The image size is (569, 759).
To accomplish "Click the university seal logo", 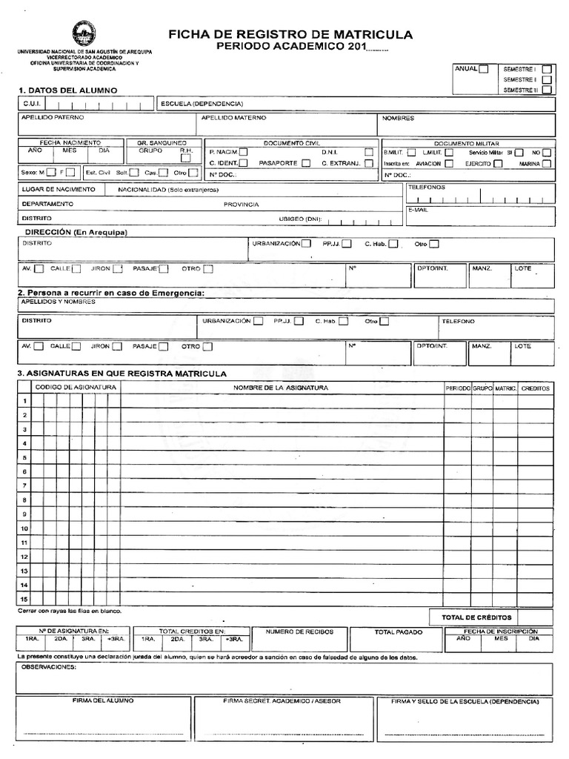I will point(84,33).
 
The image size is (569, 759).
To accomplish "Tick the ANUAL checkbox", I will point(483,70).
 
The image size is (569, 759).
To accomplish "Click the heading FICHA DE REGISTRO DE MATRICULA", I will point(290,35).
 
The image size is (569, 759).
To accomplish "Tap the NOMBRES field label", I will point(398,118).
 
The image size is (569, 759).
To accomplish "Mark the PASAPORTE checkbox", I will point(306,163).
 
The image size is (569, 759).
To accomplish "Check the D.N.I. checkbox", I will point(368,151).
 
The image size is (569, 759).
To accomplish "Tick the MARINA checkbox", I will point(546,163).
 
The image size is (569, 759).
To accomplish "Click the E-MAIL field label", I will point(418,210).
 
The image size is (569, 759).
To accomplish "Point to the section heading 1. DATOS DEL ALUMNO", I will point(67,90).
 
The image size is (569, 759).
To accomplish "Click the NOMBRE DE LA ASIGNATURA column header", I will point(281,388).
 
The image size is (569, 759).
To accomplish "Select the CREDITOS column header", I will point(535,388).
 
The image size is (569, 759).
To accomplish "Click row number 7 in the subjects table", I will point(24,485).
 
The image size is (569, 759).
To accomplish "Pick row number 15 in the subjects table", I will point(24,599).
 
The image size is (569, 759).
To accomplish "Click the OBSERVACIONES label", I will point(49,667).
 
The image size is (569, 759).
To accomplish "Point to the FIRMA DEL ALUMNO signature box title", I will point(103,700).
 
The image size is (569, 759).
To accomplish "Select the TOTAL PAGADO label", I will point(398,632).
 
